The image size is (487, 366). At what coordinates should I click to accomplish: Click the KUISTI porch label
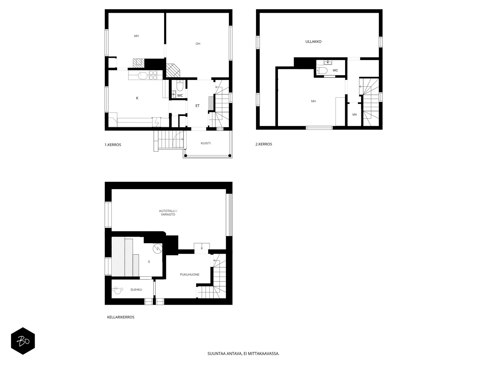[x=205, y=143]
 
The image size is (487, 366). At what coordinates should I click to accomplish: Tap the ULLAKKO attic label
[x=313, y=41]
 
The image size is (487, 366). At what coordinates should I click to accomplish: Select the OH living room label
[x=198, y=44]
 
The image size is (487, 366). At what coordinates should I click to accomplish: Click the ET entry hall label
[x=197, y=106]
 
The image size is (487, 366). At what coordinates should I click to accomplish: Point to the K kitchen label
[x=137, y=98]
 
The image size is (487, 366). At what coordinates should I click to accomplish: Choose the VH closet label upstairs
[x=354, y=115]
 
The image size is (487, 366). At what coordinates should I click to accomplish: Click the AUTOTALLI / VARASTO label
[x=168, y=213]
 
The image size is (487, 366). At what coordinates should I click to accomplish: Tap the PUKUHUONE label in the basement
[x=190, y=275]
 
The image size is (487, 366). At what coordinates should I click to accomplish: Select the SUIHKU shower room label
[x=136, y=290]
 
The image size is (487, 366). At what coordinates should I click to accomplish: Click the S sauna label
[x=149, y=262]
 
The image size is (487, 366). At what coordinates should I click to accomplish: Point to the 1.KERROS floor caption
[x=113, y=145]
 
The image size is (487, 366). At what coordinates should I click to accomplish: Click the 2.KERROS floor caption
[x=264, y=144]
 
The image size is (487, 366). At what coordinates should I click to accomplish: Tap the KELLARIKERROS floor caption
[x=121, y=317]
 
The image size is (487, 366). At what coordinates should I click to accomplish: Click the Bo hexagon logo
[x=23, y=341]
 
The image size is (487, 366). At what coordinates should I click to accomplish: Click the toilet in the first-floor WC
[x=180, y=86]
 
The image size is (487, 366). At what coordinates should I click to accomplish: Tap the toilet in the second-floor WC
[x=322, y=70]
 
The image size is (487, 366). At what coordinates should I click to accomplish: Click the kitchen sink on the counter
[x=143, y=76]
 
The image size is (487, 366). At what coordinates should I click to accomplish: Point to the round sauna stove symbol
[x=158, y=249]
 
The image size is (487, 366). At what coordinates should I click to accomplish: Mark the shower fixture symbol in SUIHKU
[x=117, y=289]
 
